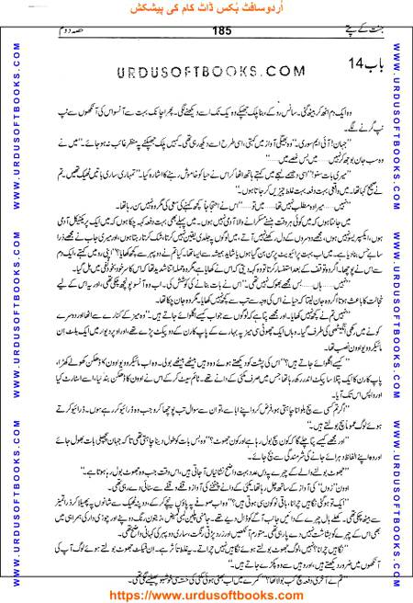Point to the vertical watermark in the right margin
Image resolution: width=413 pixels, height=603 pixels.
(404, 303)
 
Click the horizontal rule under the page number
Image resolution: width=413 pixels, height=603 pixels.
(206, 38)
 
